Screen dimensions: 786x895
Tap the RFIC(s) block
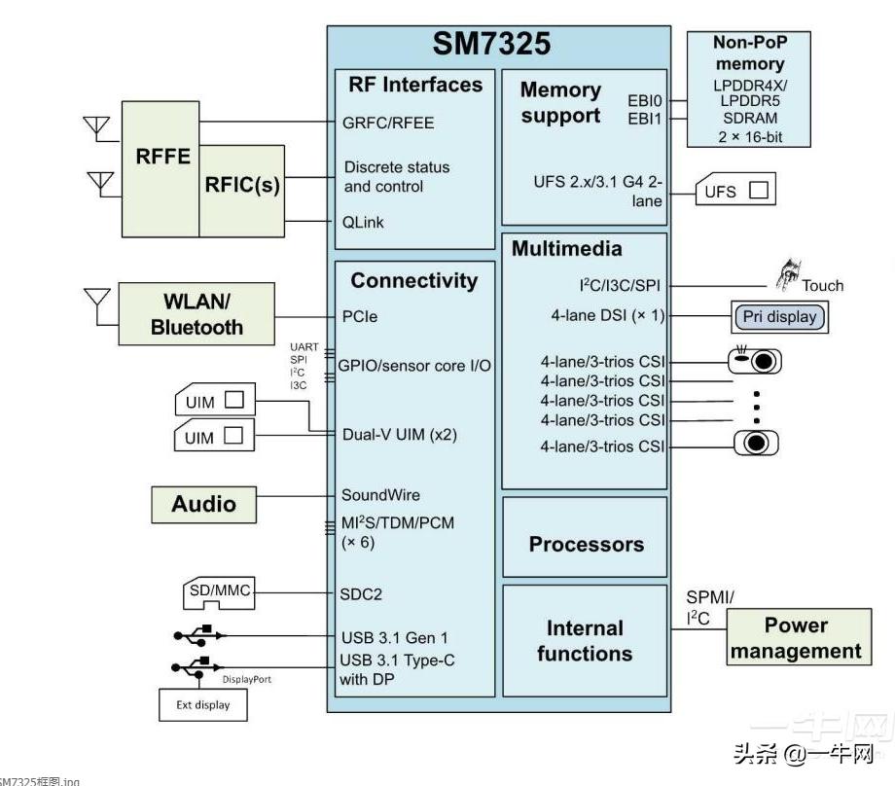pos(241,185)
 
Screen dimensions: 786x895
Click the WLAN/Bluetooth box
pos(197,314)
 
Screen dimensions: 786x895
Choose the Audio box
pos(204,504)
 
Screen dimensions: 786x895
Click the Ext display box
pos(203,705)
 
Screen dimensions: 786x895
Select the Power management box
pos(796,638)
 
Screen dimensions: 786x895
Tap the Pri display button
pos(779,317)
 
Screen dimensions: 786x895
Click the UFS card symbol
pos(735,192)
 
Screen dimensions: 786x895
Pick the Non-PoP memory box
pos(748,89)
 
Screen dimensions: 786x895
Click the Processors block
pos(586,544)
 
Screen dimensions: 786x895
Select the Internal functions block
pos(585,641)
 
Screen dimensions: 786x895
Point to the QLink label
pos(364,222)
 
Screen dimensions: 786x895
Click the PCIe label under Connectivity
pos(359,316)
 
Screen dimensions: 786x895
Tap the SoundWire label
pos(380,495)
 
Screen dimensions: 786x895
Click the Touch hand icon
pos(786,274)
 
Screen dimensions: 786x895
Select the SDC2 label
pos(361,593)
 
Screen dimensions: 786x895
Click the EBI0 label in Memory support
pos(645,100)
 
